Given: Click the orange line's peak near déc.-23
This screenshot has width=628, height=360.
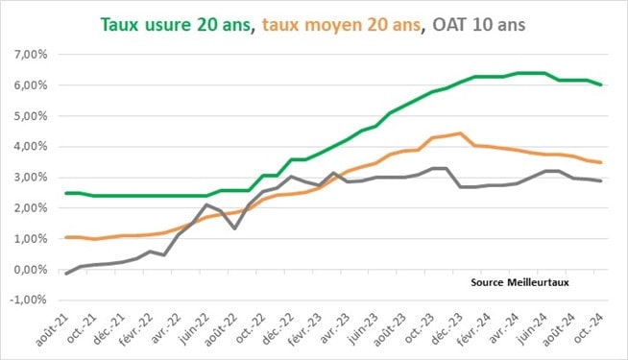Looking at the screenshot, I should (461, 133).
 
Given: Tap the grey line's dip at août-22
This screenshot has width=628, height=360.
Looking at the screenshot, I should (234, 228).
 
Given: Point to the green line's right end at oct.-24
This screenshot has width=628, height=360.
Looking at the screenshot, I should (602, 84).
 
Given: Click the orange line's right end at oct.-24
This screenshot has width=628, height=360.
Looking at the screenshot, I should (602, 162).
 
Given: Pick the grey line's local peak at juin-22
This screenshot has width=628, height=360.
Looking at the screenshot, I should (206, 204).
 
